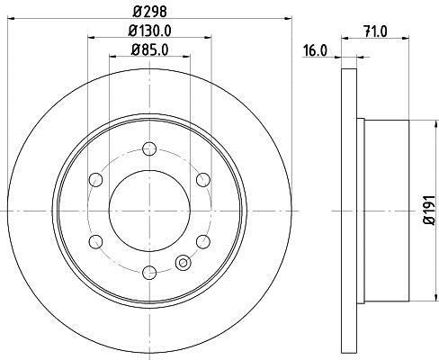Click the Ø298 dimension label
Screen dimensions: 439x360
coord(149,12)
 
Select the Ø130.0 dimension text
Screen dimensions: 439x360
coord(149,31)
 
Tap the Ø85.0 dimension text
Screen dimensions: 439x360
coord(149,49)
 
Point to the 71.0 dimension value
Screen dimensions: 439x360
coord(375,31)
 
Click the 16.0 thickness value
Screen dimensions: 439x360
coord(315,50)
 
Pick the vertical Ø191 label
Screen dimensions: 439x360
coord(429,210)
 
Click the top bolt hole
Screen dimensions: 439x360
coord(149,148)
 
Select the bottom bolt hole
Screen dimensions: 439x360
coord(149,273)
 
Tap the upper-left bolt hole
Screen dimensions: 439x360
coord(96,180)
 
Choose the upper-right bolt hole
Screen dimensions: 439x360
coord(203,180)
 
